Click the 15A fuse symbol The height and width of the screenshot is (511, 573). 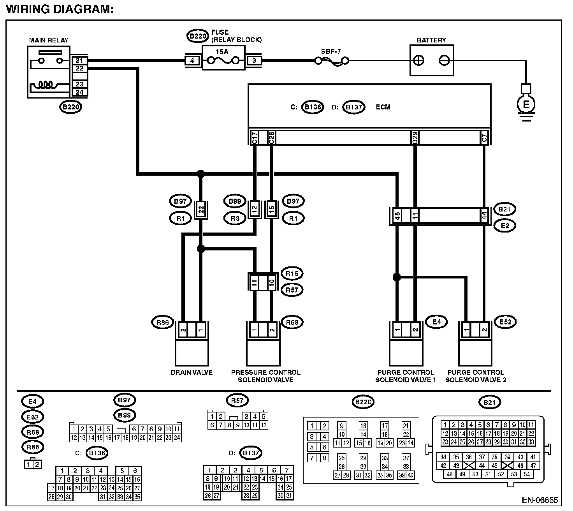point(223,60)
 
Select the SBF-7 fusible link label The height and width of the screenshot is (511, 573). point(330,51)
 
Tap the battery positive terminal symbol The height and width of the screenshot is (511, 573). point(418,60)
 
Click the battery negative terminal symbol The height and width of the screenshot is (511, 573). point(444,60)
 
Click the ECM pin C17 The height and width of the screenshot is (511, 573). point(255,137)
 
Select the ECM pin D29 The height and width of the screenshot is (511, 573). point(415,137)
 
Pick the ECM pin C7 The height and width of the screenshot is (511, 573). point(484,137)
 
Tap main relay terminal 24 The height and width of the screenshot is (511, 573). point(79,92)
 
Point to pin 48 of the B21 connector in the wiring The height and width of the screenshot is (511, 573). point(397,216)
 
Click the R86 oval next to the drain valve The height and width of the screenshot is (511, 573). point(163,322)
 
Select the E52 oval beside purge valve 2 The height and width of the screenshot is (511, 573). point(505,322)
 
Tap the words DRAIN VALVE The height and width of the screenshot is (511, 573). point(192,372)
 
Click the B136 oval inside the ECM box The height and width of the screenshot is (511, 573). point(313,107)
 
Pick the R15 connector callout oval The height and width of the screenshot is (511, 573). point(292,273)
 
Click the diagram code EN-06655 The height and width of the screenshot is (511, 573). point(540,500)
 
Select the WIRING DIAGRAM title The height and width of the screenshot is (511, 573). point(60,9)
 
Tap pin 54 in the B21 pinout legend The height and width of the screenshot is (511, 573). point(527,474)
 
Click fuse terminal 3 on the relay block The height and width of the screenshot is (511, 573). point(254,60)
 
